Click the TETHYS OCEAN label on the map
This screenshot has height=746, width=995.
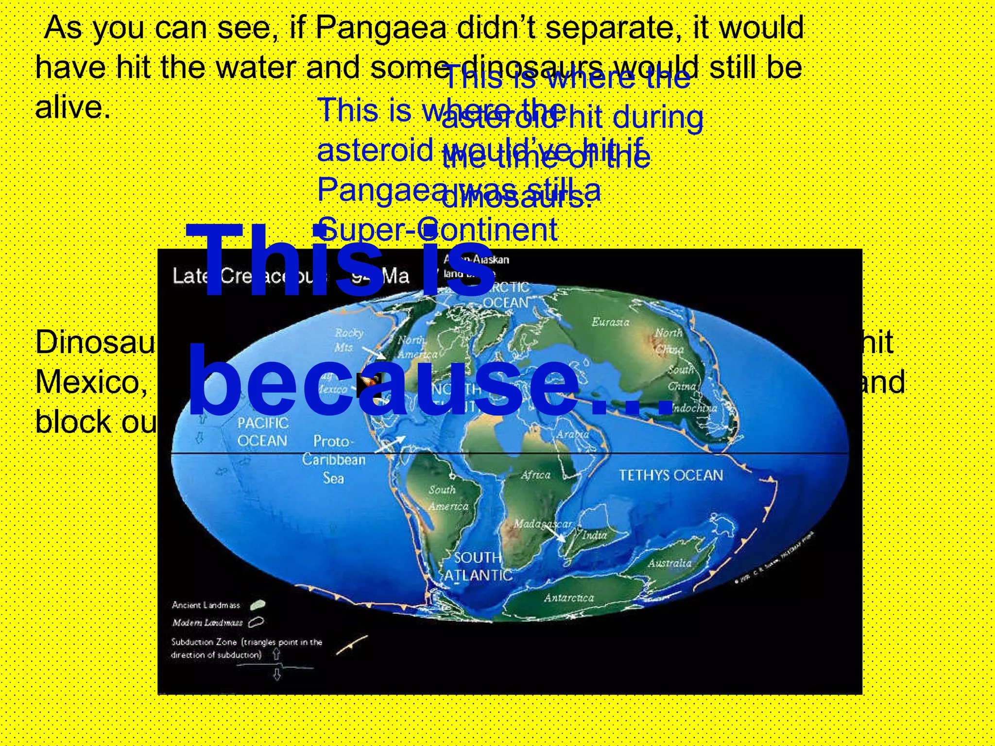pos(670,475)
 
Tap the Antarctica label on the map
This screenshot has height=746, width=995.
pos(568,597)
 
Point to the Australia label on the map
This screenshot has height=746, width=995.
pos(669,563)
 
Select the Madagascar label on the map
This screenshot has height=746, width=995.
pos(543,524)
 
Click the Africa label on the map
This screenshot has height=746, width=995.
pos(535,475)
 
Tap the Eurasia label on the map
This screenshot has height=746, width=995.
pos(610,322)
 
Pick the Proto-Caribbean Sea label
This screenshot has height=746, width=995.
pos(333,459)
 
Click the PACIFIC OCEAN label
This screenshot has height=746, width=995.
pos(262,432)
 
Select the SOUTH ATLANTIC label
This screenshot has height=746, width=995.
pos(478,566)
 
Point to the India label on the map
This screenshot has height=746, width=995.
pos(594,535)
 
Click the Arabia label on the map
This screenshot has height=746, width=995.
pos(573,434)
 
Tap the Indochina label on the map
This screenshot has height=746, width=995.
pos(695,408)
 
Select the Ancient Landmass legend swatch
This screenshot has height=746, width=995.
pos(257,605)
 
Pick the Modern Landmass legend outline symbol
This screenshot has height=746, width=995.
pos(256,622)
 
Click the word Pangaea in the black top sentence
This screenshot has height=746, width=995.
pos(380,28)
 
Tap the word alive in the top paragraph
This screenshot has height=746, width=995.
pos(71,107)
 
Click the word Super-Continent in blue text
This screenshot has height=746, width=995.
pos(437,229)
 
